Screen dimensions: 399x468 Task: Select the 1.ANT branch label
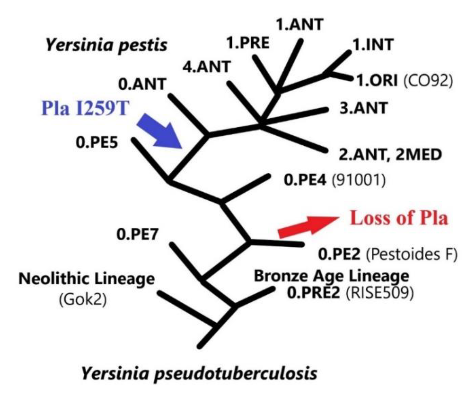[299, 25]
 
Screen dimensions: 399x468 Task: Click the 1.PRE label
[248, 43]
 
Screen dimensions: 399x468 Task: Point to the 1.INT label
[373, 45]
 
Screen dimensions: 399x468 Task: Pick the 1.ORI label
[377, 81]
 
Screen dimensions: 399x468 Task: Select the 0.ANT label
[142, 84]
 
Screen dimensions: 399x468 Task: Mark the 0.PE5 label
[97, 143]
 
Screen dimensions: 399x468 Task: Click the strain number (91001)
[358, 180]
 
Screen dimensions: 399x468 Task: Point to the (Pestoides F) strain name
[412, 254]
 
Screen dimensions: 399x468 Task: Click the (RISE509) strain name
[379, 292]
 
